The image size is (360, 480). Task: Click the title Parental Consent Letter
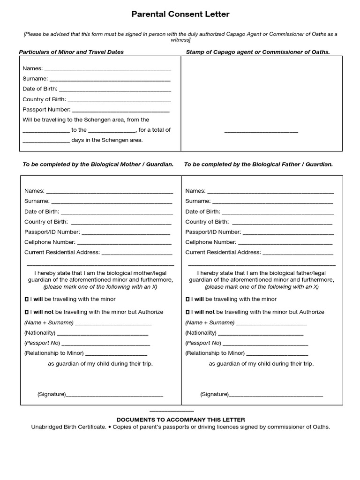[180, 15]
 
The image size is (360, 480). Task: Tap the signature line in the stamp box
[261, 131]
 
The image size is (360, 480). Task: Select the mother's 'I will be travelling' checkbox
[26, 299]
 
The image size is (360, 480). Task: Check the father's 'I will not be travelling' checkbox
[187, 312]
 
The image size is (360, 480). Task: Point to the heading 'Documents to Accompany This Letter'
[180, 420]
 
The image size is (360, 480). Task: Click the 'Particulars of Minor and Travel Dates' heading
[71, 52]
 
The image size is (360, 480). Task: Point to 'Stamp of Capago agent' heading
[258, 52]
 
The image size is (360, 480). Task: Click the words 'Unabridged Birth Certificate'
[68, 427]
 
